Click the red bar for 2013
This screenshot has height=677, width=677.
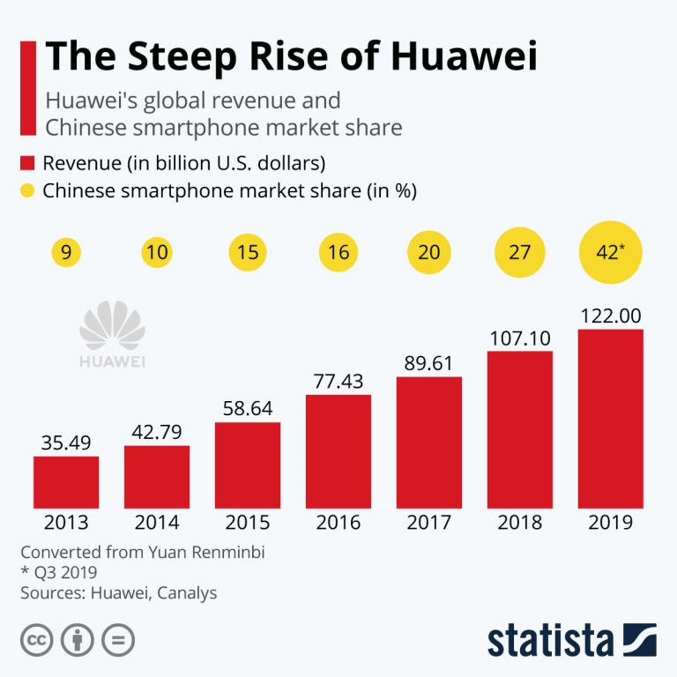pos(66,482)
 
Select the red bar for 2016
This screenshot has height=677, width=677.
pos(338,451)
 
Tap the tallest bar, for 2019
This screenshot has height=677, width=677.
pos(610,419)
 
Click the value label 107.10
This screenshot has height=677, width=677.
pos(519,337)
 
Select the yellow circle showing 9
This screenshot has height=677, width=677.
pos(66,253)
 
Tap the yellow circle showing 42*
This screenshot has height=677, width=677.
pos(610,253)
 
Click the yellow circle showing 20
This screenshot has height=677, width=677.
pos(428,253)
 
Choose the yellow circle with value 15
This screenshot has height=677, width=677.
pos(248,253)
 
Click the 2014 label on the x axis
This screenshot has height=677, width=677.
pos(156,523)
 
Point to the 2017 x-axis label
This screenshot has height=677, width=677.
pos(428,523)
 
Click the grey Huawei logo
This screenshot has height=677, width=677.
pos(112,335)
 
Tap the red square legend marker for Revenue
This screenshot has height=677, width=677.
pos(26,162)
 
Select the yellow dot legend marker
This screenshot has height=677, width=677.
pos(26,190)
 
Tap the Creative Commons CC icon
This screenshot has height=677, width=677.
pos(34,641)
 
